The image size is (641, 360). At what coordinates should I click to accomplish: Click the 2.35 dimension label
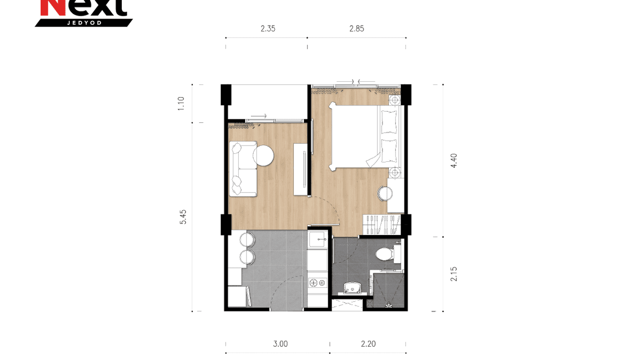pos(267,29)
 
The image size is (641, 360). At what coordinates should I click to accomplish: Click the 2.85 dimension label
pos(356,29)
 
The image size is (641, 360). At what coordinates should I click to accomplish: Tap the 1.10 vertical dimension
pos(181,104)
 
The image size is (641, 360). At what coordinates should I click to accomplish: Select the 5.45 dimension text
pos(183,217)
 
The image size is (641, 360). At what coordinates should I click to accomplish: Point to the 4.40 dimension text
pos(454,160)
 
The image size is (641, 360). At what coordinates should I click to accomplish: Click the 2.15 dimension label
pos(454,274)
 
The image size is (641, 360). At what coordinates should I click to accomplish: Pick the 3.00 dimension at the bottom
pos(280,344)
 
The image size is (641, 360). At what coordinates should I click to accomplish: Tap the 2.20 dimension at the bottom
pos(368,344)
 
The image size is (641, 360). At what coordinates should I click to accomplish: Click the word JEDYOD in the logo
pos(84,22)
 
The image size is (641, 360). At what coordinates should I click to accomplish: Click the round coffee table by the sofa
pos(263,156)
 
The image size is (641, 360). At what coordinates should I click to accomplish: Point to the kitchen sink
pos(317,238)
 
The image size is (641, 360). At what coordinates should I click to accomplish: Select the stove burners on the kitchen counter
pos(317,282)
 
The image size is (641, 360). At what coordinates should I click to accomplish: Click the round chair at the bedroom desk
pos(385,193)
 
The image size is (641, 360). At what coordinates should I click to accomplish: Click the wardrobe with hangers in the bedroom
pos(381,224)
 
